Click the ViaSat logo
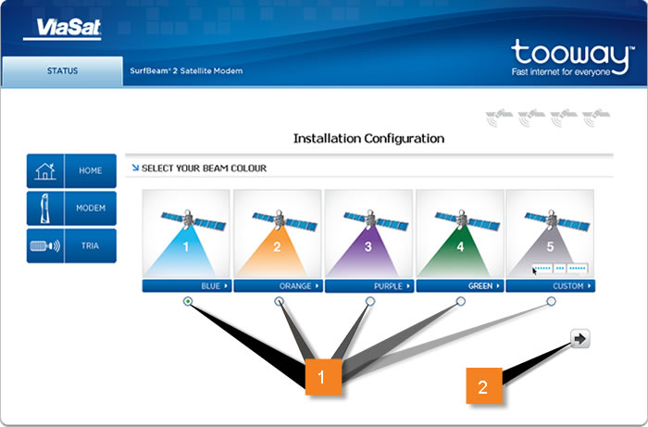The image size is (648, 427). (62, 29)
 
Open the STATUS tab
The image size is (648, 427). (62, 71)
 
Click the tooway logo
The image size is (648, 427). (571, 57)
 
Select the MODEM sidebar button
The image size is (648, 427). (71, 207)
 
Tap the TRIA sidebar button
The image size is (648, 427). (71, 246)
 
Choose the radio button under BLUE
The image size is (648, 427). (188, 301)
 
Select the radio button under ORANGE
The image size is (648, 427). (280, 301)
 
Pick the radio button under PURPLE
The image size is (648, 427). (370, 301)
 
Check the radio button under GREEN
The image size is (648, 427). (461, 301)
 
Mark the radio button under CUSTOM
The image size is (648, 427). (552, 301)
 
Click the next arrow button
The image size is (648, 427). (580, 339)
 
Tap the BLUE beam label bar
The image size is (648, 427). (187, 286)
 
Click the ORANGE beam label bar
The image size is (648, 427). (278, 286)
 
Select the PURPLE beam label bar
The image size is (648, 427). (369, 286)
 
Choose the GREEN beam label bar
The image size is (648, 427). (460, 286)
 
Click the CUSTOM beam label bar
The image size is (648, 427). (551, 286)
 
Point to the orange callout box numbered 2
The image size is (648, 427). (484, 385)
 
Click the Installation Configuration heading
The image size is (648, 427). (368, 139)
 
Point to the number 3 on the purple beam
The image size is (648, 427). (368, 246)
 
